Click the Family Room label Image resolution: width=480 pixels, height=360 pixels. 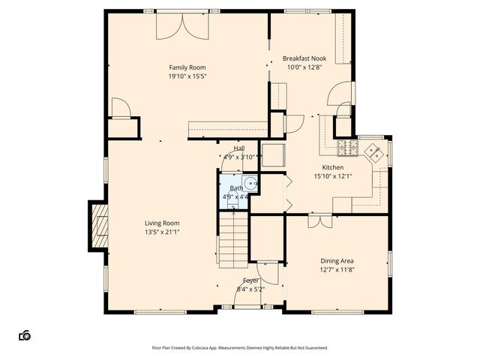187,67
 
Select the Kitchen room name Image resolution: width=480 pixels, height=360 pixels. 333,167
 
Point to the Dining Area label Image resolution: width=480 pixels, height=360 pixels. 337,261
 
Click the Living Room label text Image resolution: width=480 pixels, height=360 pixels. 161,223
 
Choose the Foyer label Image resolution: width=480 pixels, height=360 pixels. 250,280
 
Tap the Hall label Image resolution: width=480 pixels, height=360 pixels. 239,148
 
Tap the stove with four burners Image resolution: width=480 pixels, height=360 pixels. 346,144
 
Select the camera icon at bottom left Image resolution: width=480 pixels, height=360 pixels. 25,335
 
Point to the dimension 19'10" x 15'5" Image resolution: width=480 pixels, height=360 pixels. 187,76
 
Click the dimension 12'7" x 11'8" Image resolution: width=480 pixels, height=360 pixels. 337,270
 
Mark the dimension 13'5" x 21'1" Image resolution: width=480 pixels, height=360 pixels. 161,232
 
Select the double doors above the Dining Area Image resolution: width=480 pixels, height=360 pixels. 318,220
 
